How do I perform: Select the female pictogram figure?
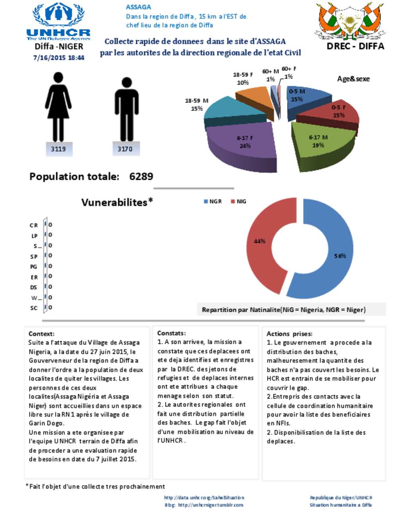pyautogui.click(x=58, y=106)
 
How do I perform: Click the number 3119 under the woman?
pyautogui.click(x=58, y=149)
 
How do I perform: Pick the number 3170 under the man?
pyautogui.click(x=125, y=149)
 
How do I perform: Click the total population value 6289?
pyautogui.click(x=141, y=177)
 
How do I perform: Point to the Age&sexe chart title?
pyautogui.click(x=353, y=79)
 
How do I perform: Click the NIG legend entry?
pyautogui.click(x=239, y=202)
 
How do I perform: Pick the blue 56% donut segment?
pyautogui.click(x=335, y=255)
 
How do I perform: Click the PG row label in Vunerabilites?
pyautogui.click(x=33, y=267)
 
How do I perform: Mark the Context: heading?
pyautogui.click(x=41, y=334)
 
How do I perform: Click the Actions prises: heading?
pyautogui.click(x=289, y=334)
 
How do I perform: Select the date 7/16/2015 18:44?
pyautogui.click(x=59, y=57)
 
